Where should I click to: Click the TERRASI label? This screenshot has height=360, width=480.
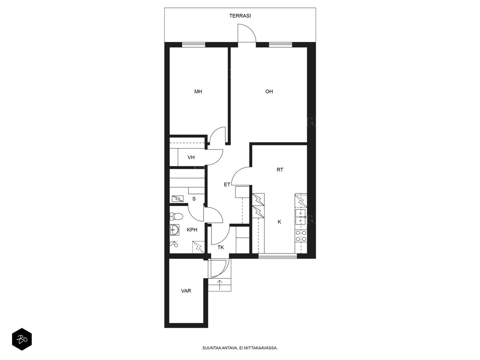tap(240, 16)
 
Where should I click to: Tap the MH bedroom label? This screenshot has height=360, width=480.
tap(198, 91)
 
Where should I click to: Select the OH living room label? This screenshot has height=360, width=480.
tap(269, 91)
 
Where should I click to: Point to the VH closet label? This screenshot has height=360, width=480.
tap(191, 157)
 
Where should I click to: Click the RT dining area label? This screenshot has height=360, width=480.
tap(280, 169)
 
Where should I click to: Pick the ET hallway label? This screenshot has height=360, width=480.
tap(227, 184)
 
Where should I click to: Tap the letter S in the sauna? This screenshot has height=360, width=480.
tap(194, 199)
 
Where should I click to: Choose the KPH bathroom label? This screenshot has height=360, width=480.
tap(192, 229)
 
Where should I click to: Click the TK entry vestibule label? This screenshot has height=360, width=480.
tap(220, 247)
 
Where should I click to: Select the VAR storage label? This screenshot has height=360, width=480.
tap(186, 291)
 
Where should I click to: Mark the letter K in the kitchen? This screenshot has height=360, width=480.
tap(279, 222)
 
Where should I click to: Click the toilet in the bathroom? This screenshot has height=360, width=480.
tap(176, 216)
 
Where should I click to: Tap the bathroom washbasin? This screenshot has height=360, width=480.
tap(174, 230)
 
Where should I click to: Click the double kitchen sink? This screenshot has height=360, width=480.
tap(300, 217)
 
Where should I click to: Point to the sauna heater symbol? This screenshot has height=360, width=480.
tap(178, 199)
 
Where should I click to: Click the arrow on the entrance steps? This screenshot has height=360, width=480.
tap(219, 285)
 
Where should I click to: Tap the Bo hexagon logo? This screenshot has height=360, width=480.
tap(22, 339)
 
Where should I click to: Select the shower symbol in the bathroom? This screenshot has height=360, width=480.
tap(174, 244)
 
